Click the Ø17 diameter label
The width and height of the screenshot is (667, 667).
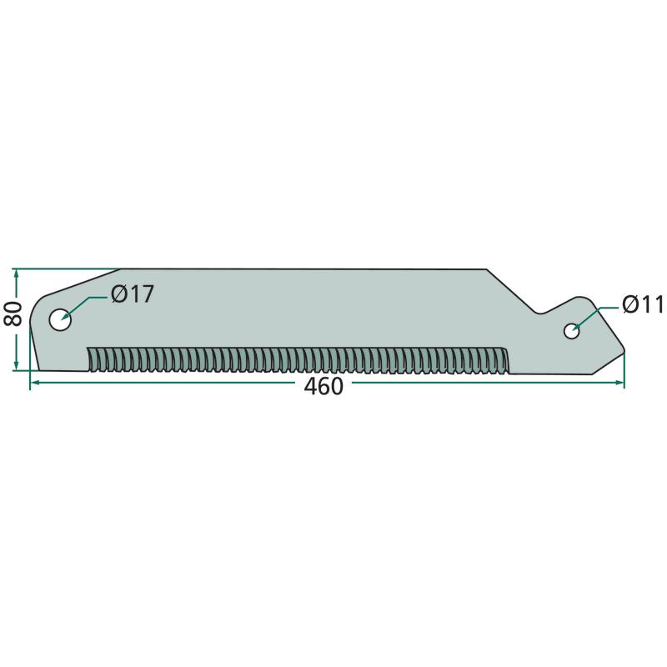[x=132, y=294]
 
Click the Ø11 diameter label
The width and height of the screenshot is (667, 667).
[x=643, y=304]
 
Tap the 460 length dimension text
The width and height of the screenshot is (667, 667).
[x=323, y=387]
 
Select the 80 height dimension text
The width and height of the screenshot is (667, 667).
[x=13, y=313]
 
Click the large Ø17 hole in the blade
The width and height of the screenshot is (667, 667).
[x=60, y=320]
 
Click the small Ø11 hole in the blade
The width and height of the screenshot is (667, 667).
[x=571, y=331]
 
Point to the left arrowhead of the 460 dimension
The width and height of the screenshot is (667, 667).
[x=35, y=383]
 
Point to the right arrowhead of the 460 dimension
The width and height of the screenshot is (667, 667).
[x=619, y=383]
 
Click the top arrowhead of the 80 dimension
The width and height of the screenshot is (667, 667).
[x=16, y=274]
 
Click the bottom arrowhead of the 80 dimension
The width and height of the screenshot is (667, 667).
[x=16, y=365]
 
